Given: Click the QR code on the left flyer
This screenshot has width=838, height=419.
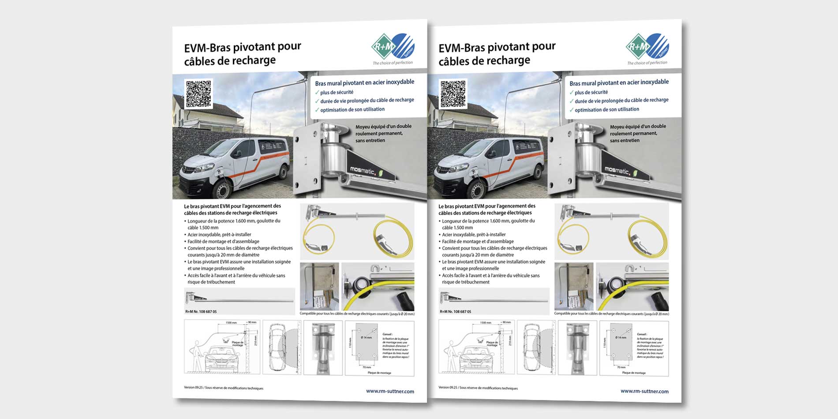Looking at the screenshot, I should click(x=198, y=94).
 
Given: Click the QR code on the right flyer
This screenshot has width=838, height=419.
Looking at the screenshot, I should click(x=453, y=94).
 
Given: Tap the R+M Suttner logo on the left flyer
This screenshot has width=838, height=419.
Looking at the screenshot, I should click(x=393, y=47).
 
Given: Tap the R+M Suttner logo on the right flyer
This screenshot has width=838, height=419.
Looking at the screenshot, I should click(x=647, y=47).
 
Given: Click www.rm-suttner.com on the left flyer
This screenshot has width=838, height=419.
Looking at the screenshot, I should click(x=390, y=391).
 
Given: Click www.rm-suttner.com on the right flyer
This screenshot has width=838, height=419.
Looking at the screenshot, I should click(x=644, y=391).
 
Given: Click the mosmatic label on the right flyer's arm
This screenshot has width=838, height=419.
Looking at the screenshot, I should click(x=617, y=170).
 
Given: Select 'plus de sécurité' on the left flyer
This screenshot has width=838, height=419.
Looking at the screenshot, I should click(x=337, y=92).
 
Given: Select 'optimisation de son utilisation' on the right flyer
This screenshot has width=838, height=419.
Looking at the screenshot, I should click(x=606, y=110).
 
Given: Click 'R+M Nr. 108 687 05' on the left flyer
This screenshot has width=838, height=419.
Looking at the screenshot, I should click(x=201, y=311).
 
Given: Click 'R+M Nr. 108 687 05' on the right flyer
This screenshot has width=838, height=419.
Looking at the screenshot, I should click(x=455, y=311).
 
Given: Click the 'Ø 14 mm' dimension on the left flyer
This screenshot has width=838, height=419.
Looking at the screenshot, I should click(x=366, y=337).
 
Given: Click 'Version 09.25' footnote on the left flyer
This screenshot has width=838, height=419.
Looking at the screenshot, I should click(x=194, y=387).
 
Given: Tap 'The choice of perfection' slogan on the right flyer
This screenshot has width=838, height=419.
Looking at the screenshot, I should click(x=647, y=63).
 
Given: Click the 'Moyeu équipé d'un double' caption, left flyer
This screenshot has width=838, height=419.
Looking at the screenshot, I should click(x=383, y=127).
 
